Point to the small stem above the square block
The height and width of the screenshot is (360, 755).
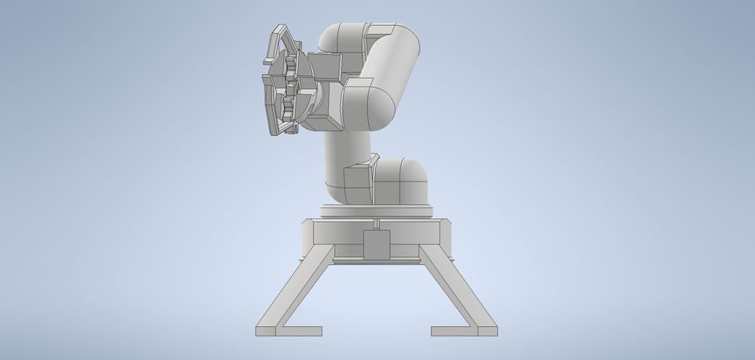click(377, 225)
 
